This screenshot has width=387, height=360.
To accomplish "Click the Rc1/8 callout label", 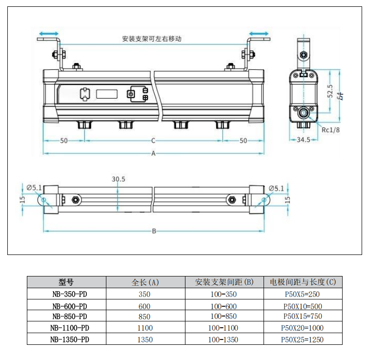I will [331, 129].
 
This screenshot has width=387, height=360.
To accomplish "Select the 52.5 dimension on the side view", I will [330, 91].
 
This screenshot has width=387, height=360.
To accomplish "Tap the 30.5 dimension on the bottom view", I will [118, 179].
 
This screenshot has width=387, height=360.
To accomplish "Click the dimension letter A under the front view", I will [153, 153].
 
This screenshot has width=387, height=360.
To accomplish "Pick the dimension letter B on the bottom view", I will [154, 231].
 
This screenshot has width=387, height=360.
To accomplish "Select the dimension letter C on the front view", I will [153, 141].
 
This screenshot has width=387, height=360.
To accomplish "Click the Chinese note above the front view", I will [152, 39].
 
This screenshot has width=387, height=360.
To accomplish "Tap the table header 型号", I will [66, 282].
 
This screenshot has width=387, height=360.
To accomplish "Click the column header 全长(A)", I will [145, 282].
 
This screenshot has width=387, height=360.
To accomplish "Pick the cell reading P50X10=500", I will [303, 306].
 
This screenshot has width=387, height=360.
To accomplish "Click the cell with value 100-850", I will [224, 317].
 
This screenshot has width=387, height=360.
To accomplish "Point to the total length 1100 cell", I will [145, 328].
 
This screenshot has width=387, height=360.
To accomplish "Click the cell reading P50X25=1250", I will [303, 339].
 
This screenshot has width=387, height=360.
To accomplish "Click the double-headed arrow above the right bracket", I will [259, 34].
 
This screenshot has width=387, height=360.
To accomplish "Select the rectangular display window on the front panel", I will [105, 93].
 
